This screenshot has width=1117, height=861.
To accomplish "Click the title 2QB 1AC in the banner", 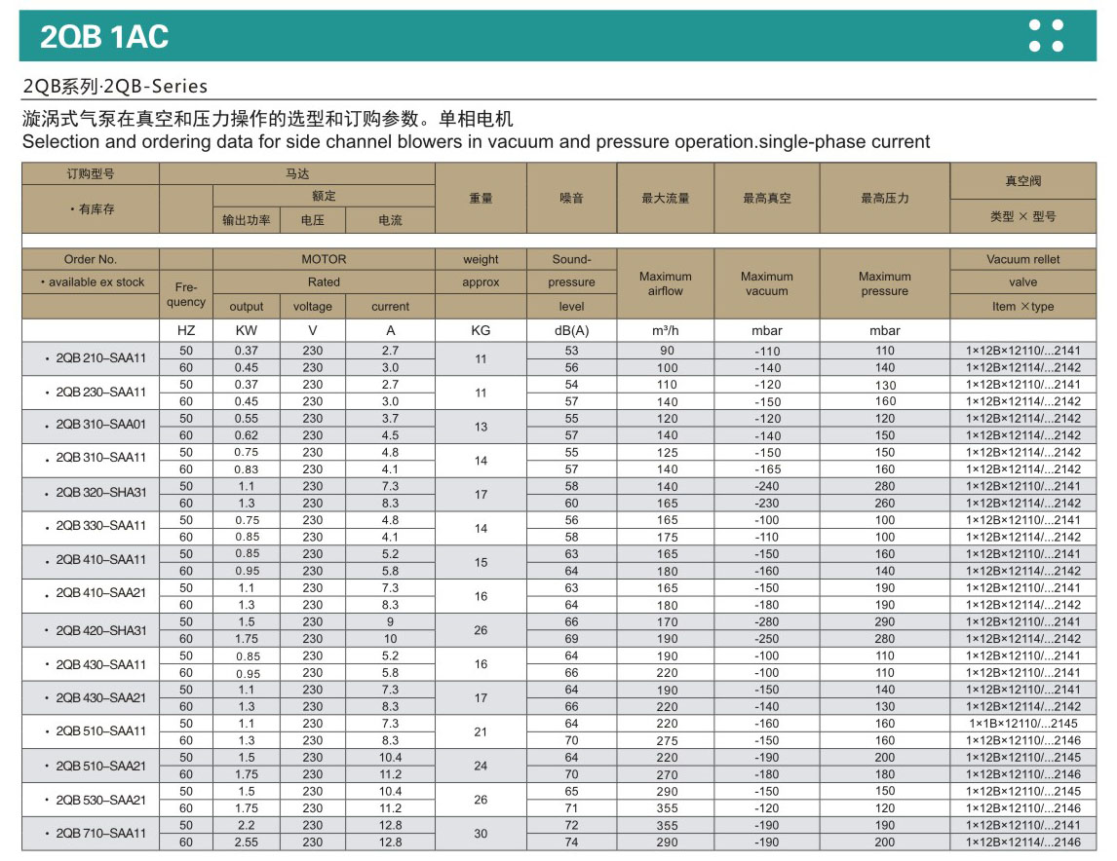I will coord(104,37).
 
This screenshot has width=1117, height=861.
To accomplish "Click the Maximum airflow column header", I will coord(666,283).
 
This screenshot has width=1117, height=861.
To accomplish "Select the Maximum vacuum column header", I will coord(767,283).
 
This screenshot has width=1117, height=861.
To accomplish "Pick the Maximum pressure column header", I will coord(885,283).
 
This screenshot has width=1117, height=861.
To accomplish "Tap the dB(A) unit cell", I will coord(571,330).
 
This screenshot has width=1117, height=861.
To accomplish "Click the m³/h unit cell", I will coord(666,330).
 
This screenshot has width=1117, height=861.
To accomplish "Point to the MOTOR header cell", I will coord(324,259).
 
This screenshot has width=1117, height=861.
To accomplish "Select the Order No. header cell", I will coord(91,259).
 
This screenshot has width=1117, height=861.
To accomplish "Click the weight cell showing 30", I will coord(481,834).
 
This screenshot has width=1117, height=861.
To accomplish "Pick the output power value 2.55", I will coord(247,842).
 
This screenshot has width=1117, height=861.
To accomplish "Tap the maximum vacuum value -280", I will coord(767,621).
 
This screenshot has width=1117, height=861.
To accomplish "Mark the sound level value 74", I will coord(571,842).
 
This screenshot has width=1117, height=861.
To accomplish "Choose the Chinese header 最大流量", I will coord(666,198).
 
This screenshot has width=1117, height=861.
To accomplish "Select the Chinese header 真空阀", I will coord(1023,181).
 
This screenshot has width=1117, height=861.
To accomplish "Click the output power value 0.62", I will coord(247,435).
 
